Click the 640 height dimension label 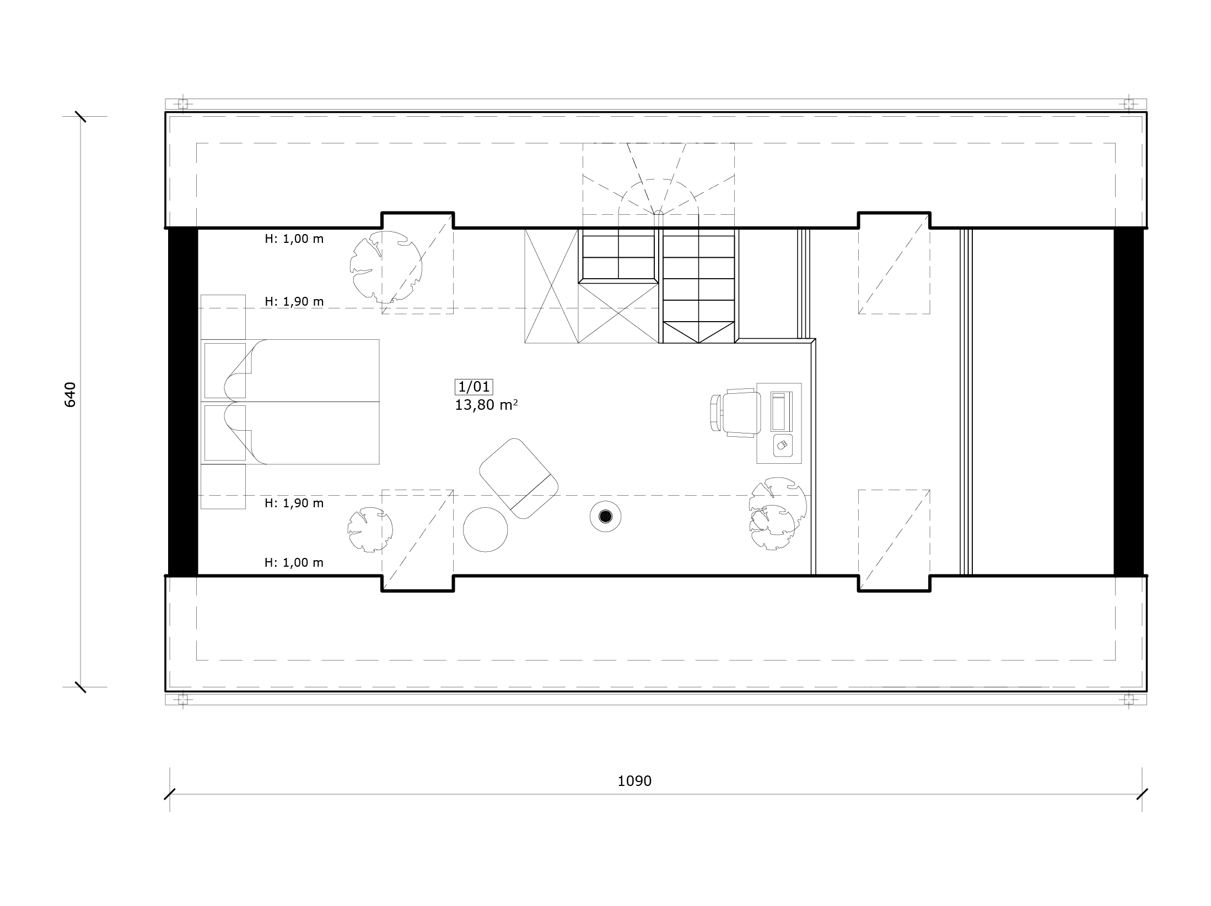click(x=70, y=394)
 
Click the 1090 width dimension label click(x=634, y=781)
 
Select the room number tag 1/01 click(x=474, y=387)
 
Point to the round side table click(x=485, y=529)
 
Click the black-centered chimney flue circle click(x=606, y=516)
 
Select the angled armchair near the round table click(x=518, y=478)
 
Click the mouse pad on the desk click(x=783, y=445)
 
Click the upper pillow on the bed click(x=225, y=371)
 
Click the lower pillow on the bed click(x=225, y=433)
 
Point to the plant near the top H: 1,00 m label click(x=386, y=267)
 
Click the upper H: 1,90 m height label click(x=294, y=302)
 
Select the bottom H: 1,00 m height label click(x=294, y=563)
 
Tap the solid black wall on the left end click(x=183, y=402)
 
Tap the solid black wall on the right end click(x=1128, y=402)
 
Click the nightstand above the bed click(x=223, y=317)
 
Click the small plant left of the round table click(x=370, y=529)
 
